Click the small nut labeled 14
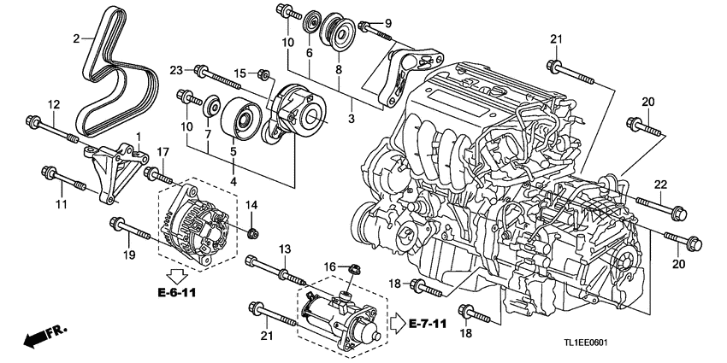252,231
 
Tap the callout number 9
387,22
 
